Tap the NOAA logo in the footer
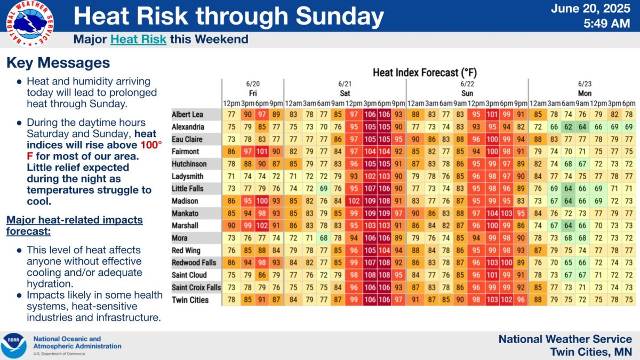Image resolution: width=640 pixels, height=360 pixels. (x=14, y=346)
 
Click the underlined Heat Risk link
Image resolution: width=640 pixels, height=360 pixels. (x=138, y=39)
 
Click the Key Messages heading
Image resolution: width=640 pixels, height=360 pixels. (x=58, y=63)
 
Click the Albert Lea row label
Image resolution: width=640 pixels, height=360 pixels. (x=187, y=115)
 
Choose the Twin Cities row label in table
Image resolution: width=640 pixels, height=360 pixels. (x=190, y=300)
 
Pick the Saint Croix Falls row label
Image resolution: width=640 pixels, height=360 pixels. (x=196, y=287)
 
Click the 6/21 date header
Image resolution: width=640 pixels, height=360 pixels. (x=345, y=84)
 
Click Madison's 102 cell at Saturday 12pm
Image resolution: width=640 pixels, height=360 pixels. (x=353, y=201)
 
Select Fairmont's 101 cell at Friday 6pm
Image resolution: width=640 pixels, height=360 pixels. (x=262, y=151)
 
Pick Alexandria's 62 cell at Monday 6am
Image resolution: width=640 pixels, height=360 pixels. (x=569, y=127)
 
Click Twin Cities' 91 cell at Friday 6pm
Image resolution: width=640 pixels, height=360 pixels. (x=262, y=300)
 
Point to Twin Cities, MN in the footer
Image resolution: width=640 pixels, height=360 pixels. (x=591, y=352)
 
